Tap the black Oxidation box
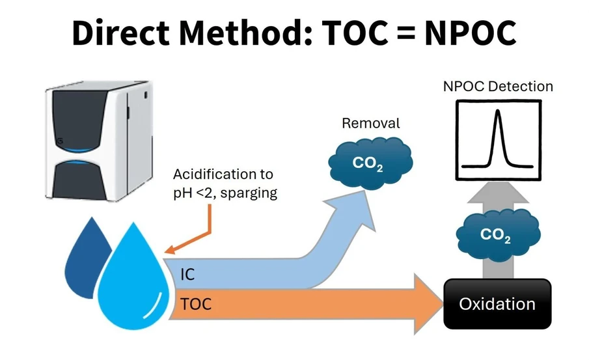coord(497,304)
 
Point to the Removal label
coord(371,123)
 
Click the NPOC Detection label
coord(498,87)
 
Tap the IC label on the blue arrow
coord(187,274)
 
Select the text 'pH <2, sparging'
coord(225,193)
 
